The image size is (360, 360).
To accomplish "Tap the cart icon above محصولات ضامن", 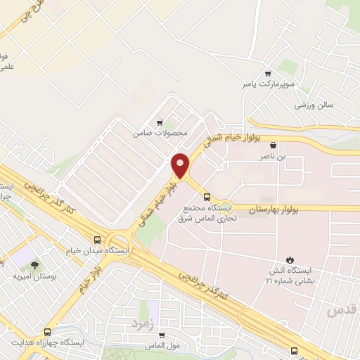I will click(x=160, y=122).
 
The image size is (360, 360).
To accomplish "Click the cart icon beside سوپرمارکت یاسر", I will click(x=267, y=73).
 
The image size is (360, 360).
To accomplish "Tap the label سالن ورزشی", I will click(x=313, y=104).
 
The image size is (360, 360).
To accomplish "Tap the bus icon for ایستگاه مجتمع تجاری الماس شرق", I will click(x=207, y=197).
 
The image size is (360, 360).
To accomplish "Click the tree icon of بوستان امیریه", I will click(x=34, y=265).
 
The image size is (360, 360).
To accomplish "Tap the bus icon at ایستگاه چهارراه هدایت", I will click(x=46, y=332).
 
